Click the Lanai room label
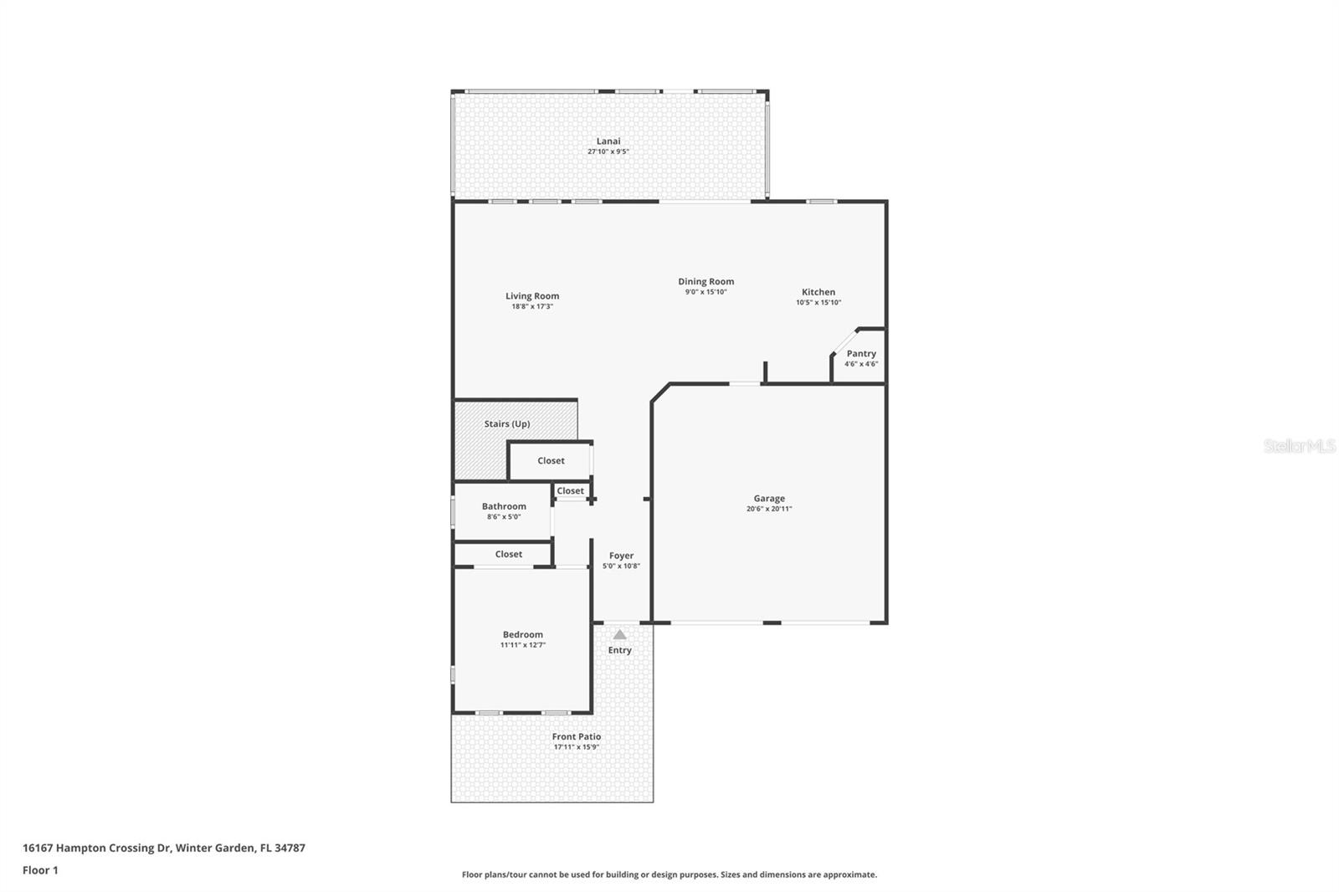608,141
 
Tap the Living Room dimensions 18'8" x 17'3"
532,307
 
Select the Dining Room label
705,281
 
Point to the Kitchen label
818,292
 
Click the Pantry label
861,353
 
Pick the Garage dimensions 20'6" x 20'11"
769,509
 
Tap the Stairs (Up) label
506,423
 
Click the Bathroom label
504,506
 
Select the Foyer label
621,556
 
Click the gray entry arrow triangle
619,635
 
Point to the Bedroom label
522,634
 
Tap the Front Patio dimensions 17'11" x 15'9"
577,747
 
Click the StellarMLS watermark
1299,446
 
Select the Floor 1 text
40,870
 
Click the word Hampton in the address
81,848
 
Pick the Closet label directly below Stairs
551,460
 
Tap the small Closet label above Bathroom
570,491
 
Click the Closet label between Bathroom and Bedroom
508,554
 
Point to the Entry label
619,650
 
